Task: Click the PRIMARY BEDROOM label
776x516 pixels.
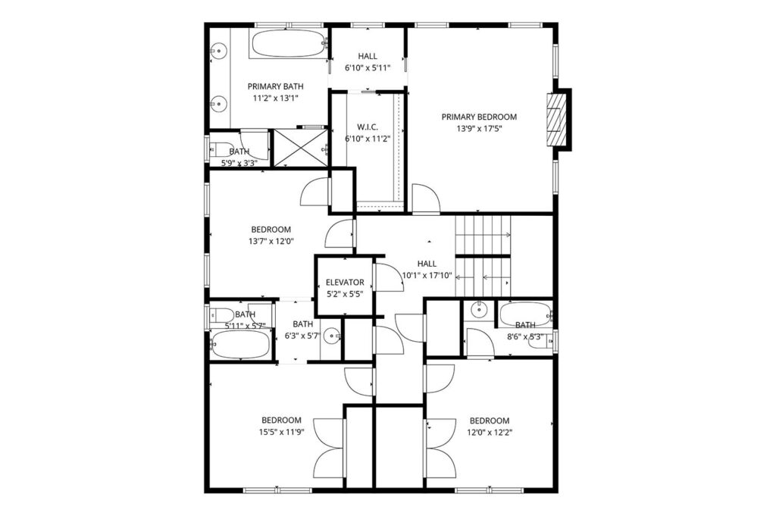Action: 479,117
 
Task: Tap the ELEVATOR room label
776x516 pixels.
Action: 345,283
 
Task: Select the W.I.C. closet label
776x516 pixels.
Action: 368,127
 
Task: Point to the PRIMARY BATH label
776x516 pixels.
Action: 276,86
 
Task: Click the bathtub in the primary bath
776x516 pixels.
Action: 288,44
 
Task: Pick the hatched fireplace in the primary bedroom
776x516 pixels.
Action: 555,119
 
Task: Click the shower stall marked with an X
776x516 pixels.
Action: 300,148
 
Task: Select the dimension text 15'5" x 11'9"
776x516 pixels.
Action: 282,432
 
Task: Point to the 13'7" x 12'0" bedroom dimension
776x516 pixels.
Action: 271,242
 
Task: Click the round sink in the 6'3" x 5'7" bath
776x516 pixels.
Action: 333,336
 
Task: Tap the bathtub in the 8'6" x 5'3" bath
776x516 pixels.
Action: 525,314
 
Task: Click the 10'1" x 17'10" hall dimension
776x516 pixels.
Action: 427,276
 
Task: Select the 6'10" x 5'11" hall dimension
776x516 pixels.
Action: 368,67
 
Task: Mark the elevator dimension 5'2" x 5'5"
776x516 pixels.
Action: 345,294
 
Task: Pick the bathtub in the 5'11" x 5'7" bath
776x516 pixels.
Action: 240,344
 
